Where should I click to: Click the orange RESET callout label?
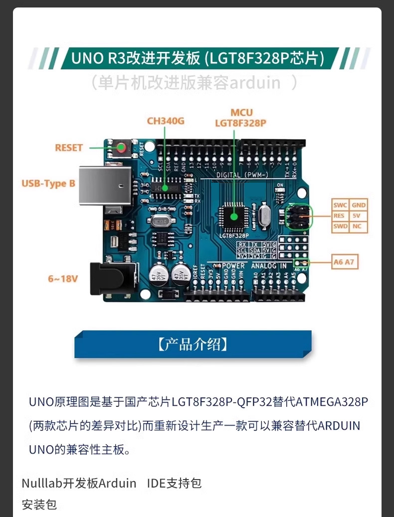coord(69,148)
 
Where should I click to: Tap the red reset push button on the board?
coord(121,147)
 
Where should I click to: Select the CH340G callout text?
coord(166,121)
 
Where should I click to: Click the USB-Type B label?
coord(48,183)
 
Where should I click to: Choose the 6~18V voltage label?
coord(63,278)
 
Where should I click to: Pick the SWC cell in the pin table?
coord(340,205)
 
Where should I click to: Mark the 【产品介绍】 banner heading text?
coord(193,344)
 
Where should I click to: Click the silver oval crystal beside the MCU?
coord(264,215)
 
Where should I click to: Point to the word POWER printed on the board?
coord(233,266)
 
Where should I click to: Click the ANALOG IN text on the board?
coord(269,266)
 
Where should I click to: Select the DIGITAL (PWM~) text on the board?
coord(242,175)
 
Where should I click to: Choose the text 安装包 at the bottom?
coord(39,504)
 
